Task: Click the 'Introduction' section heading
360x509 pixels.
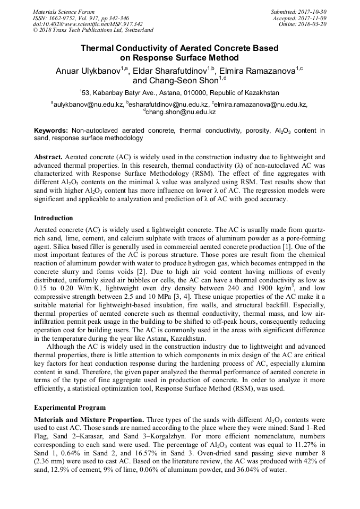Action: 54,218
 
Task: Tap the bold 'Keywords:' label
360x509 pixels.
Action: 51,130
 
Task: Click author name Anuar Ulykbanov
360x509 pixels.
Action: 88,71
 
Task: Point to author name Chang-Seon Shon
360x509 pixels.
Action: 176,81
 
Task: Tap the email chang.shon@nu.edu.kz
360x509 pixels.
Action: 181,113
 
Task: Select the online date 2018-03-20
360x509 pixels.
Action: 314,24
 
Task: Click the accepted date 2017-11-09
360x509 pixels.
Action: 314,18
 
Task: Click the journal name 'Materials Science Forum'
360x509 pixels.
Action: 64,12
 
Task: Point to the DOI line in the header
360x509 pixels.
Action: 88,24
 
